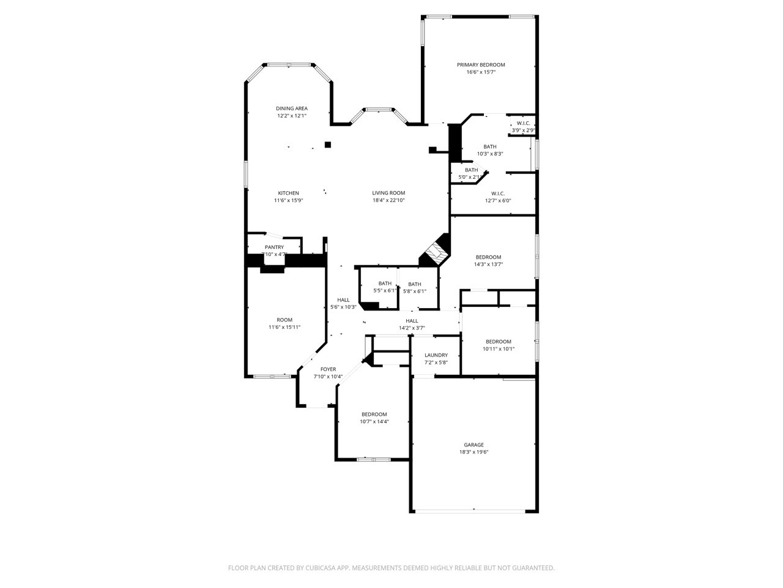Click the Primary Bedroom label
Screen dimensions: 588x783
pyautogui.click(x=481, y=65)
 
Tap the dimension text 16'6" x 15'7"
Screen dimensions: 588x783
pyautogui.click(x=481, y=72)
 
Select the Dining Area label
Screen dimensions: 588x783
pyautogui.click(x=292, y=108)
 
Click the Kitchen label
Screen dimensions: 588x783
pyautogui.click(x=288, y=193)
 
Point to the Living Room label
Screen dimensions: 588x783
pyautogui.click(x=388, y=193)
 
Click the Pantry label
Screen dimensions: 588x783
pyautogui.click(x=274, y=247)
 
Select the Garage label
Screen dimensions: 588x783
pyautogui.click(x=473, y=445)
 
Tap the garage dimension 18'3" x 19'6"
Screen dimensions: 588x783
pyautogui.click(x=473, y=453)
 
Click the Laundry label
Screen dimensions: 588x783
pyautogui.click(x=436, y=355)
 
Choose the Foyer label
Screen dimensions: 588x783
pyautogui.click(x=328, y=369)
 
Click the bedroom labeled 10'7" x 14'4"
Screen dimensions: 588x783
pyautogui.click(x=374, y=414)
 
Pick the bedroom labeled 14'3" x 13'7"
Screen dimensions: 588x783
pyautogui.click(x=488, y=257)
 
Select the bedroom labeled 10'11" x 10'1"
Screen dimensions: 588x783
pyautogui.click(x=499, y=342)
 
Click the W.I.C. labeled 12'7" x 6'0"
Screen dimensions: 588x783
pyautogui.click(x=497, y=194)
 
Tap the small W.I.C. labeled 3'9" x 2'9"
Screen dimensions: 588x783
pyautogui.click(x=523, y=123)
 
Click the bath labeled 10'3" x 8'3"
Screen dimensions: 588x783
pyautogui.click(x=490, y=147)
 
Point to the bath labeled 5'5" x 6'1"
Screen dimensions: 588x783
pyautogui.click(x=385, y=284)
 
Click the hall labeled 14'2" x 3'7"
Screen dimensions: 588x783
pyautogui.click(x=412, y=321)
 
